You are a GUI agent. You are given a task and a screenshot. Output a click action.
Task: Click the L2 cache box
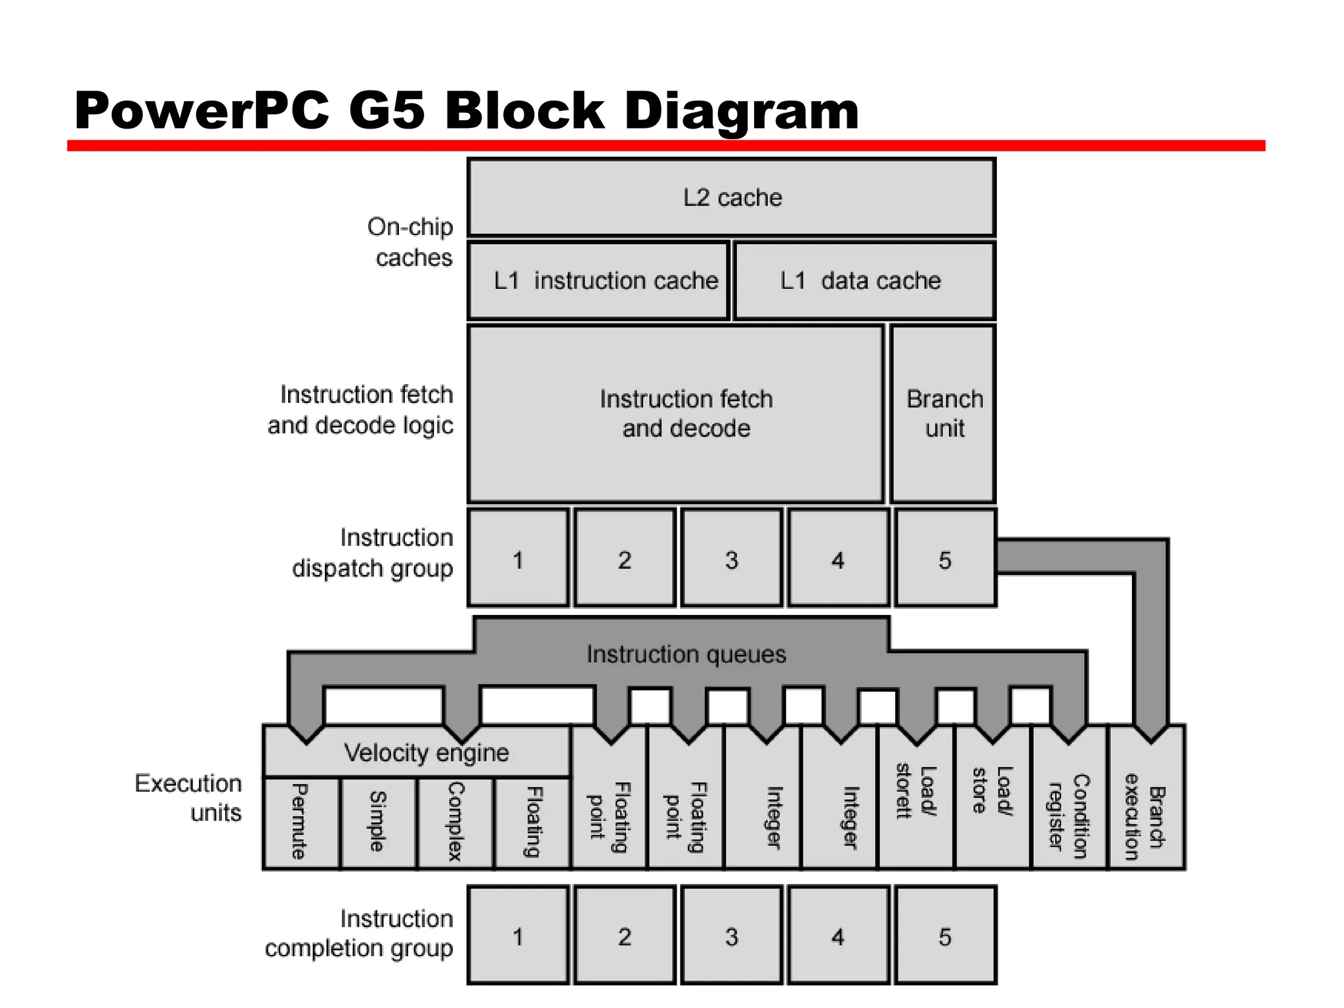[732, 197]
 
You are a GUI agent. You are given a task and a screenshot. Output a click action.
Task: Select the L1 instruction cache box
[599, 281]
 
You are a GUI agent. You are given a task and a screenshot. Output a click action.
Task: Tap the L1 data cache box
[864, 281]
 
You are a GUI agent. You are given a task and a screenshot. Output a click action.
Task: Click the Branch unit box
[944, 413]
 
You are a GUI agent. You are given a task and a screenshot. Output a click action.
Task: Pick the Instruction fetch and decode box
[676, 413]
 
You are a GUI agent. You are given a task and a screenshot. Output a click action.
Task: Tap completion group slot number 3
[732, 936]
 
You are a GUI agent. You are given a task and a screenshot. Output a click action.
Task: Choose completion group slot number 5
[945, 936]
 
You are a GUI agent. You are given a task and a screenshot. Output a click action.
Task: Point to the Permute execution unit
[301, 822]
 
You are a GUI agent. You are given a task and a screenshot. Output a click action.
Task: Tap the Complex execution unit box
[455, 822]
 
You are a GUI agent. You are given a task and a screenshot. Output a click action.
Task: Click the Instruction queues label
[686, 654]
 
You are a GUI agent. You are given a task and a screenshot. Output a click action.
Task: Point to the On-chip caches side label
[411, 241]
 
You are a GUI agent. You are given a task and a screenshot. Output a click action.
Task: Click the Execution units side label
[189, 797]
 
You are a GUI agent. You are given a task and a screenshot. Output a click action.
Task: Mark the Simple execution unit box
[378, 822]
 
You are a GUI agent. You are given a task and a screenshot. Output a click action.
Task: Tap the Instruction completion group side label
[360, 933]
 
